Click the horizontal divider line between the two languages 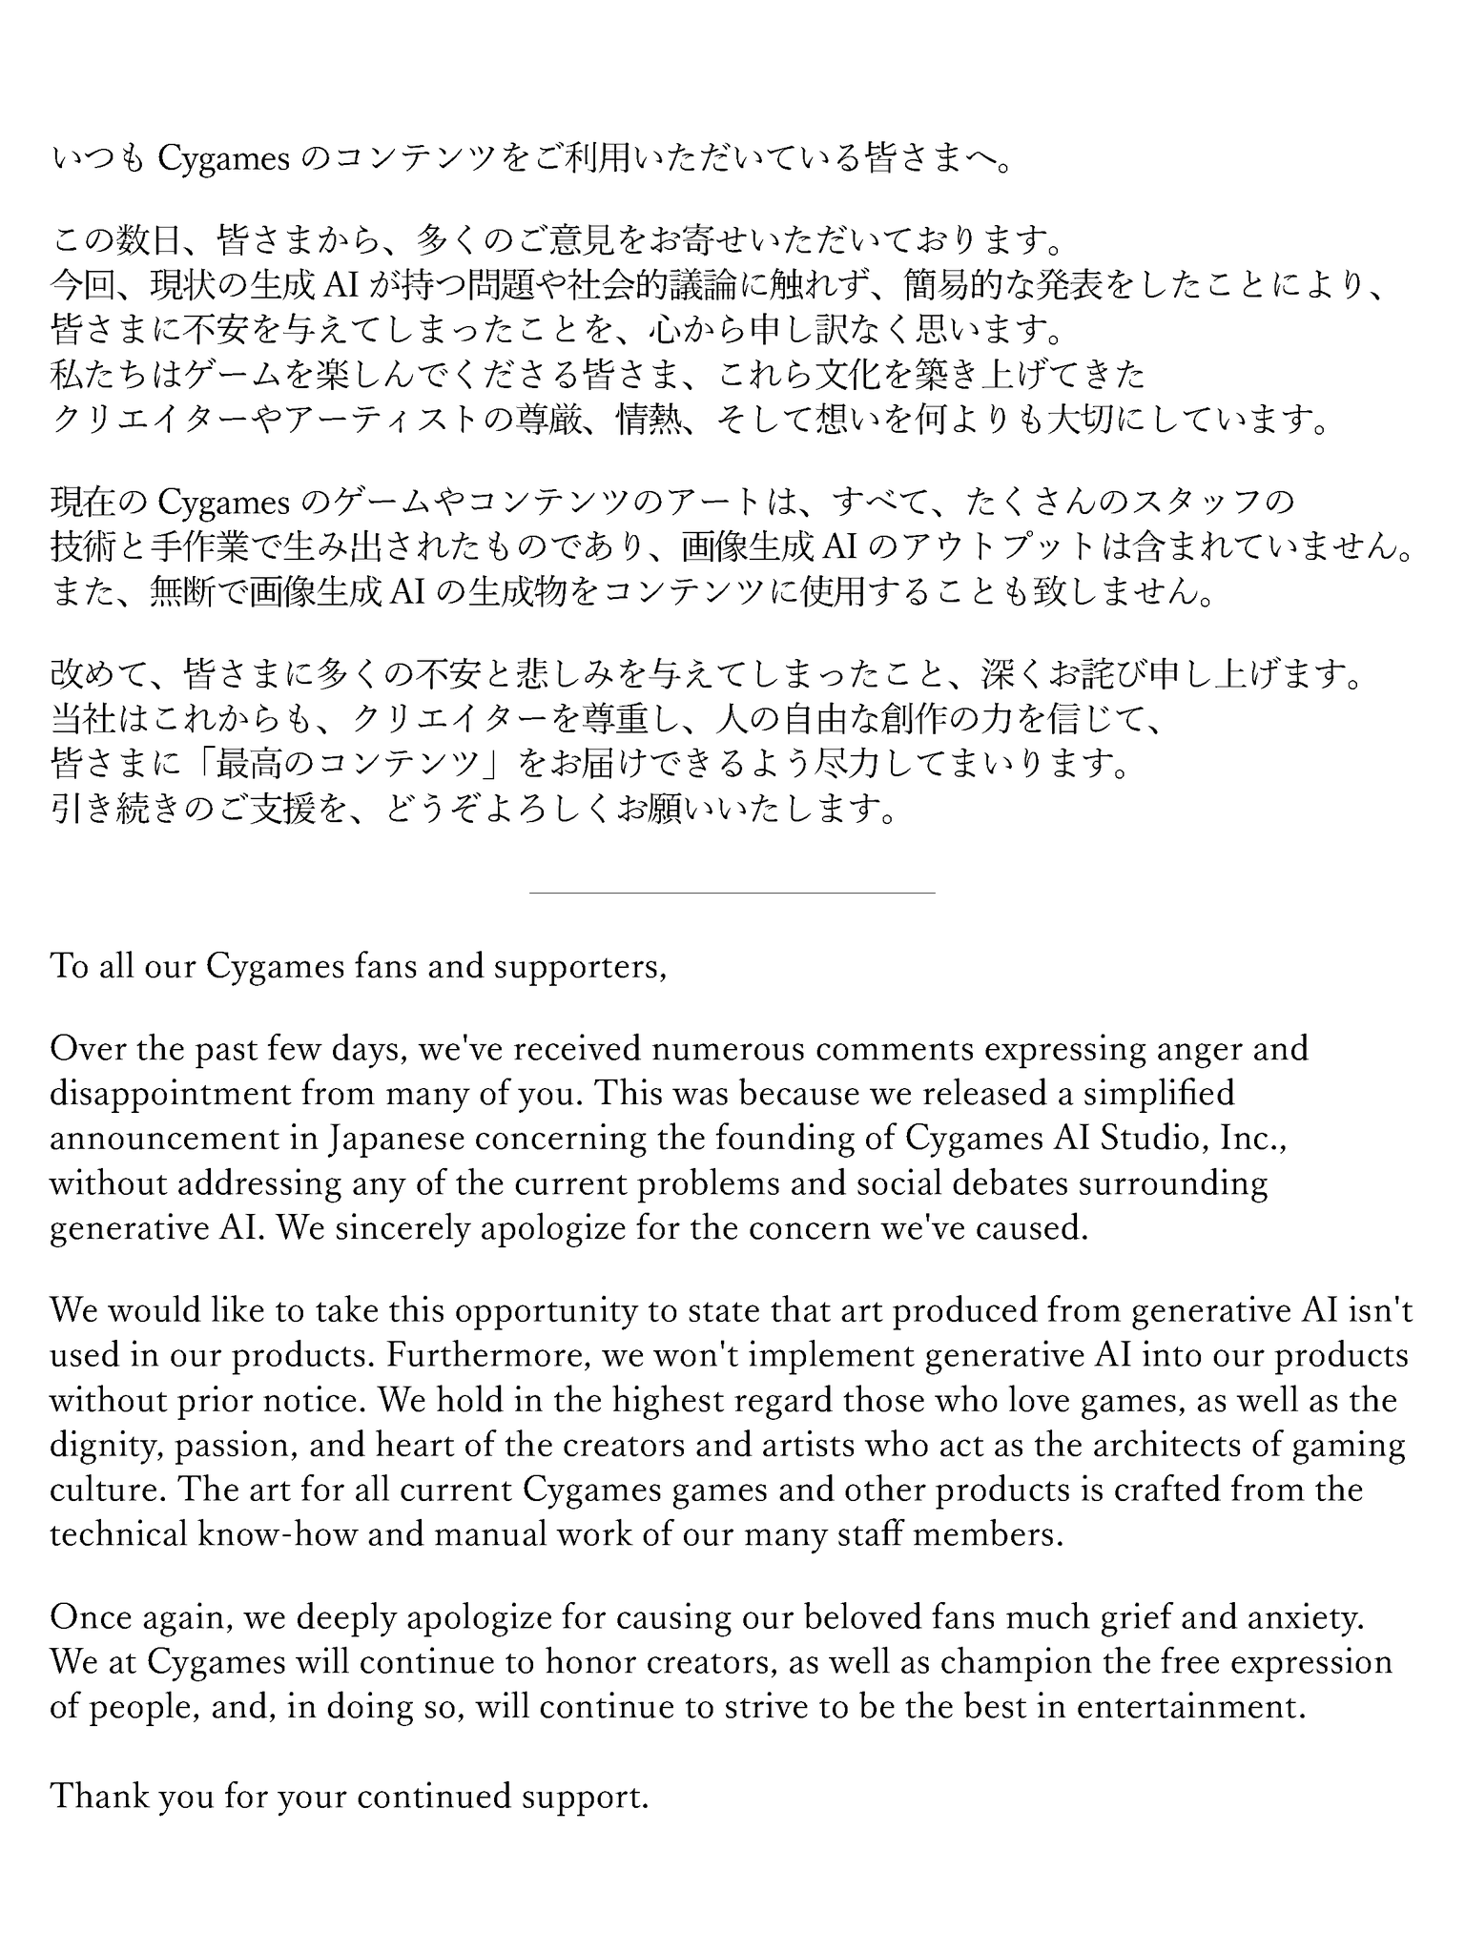point(732,893)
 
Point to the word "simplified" point(1155,1093)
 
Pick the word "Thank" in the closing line point(98,1797)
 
